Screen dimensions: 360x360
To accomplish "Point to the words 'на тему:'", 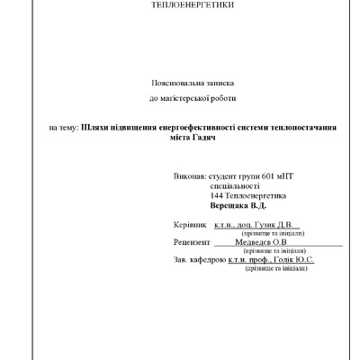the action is click(x=63, y=129).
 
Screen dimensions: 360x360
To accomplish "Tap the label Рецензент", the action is click(x=192, y=242).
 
